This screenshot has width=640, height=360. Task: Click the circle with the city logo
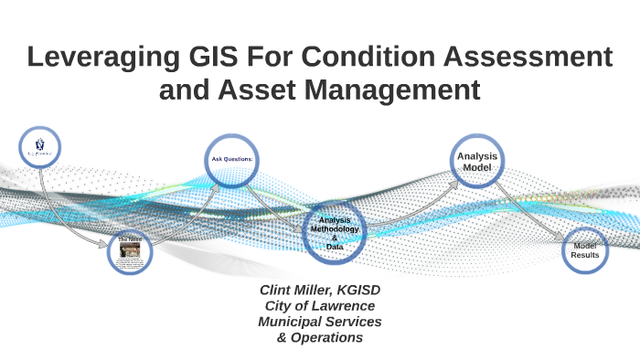click(40, 147)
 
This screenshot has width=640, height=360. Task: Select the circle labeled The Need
click(129, 252)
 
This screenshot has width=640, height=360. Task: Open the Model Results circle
click(585, 249)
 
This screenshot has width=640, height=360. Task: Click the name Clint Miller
click(293, 289)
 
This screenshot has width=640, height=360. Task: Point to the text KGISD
click(361, 289)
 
